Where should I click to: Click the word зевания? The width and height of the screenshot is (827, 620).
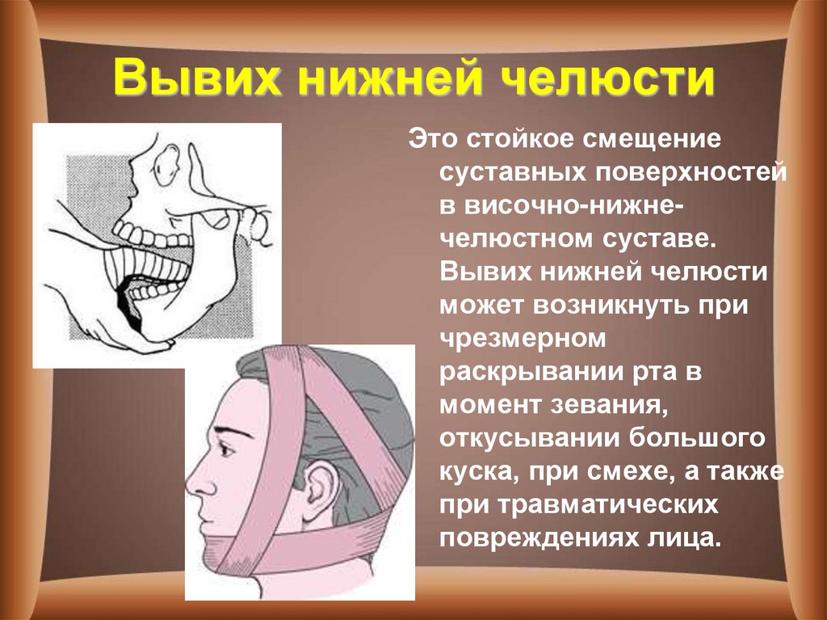click(x=606, y=406)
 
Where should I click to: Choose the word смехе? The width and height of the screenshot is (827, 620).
click(x=632, y=472)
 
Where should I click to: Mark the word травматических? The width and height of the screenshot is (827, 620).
click(x=608, y=505)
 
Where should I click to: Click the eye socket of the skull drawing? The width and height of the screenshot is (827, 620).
click(x=168, y=165)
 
